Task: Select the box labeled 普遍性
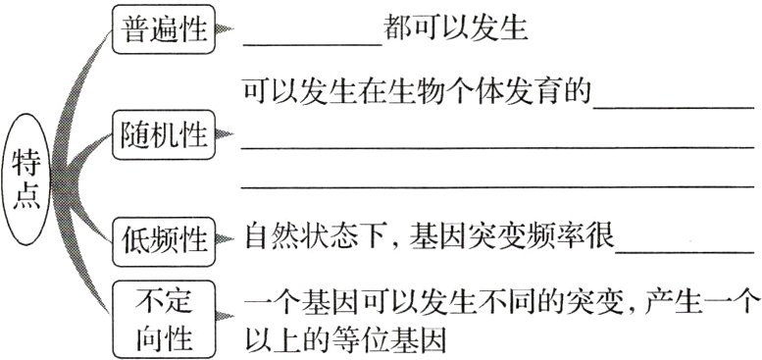[163, 29]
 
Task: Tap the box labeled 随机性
[163, 134]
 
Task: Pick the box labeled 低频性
[163, 237]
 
